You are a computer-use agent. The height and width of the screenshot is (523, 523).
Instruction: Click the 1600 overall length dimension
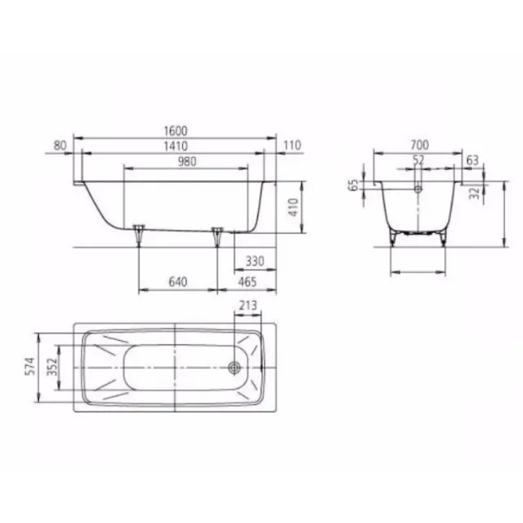[x=176, y=131]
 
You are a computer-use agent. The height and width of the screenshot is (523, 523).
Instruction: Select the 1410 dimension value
[x=176, y=146]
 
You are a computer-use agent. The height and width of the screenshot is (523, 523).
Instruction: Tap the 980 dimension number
[x=186, y=162]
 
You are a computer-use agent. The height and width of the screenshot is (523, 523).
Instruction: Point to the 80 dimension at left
[x=59, y=146]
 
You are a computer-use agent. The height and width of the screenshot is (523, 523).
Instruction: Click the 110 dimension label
[x=293, y=146]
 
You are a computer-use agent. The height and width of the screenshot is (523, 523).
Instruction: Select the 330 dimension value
[x=255, y=262]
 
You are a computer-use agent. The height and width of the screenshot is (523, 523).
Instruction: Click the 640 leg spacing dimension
[x=178, y=283]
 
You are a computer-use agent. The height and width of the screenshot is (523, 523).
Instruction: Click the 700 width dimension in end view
[x=421, y=145]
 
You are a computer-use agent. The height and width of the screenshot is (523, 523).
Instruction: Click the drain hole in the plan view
[x=236, y=367]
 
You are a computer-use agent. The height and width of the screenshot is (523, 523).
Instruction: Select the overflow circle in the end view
[x=418, y=189]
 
